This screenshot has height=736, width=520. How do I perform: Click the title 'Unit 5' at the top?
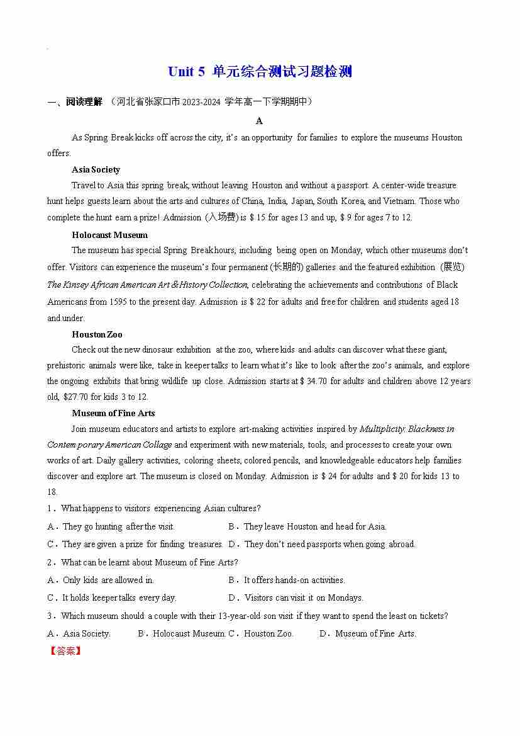click(186, 72)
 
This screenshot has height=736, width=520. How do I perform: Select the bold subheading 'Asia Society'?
click(96, 169)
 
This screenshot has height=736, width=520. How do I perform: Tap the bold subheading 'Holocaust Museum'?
click(109, 235)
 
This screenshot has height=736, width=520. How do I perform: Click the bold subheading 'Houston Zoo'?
click(97, 334)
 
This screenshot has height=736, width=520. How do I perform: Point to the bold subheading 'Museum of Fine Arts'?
click(113, 413)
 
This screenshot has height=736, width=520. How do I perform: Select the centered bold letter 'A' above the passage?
click(259, 121)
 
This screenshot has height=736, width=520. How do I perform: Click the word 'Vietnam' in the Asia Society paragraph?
click(399, 201)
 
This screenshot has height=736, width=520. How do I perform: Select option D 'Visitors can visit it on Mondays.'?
click(303, 597)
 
